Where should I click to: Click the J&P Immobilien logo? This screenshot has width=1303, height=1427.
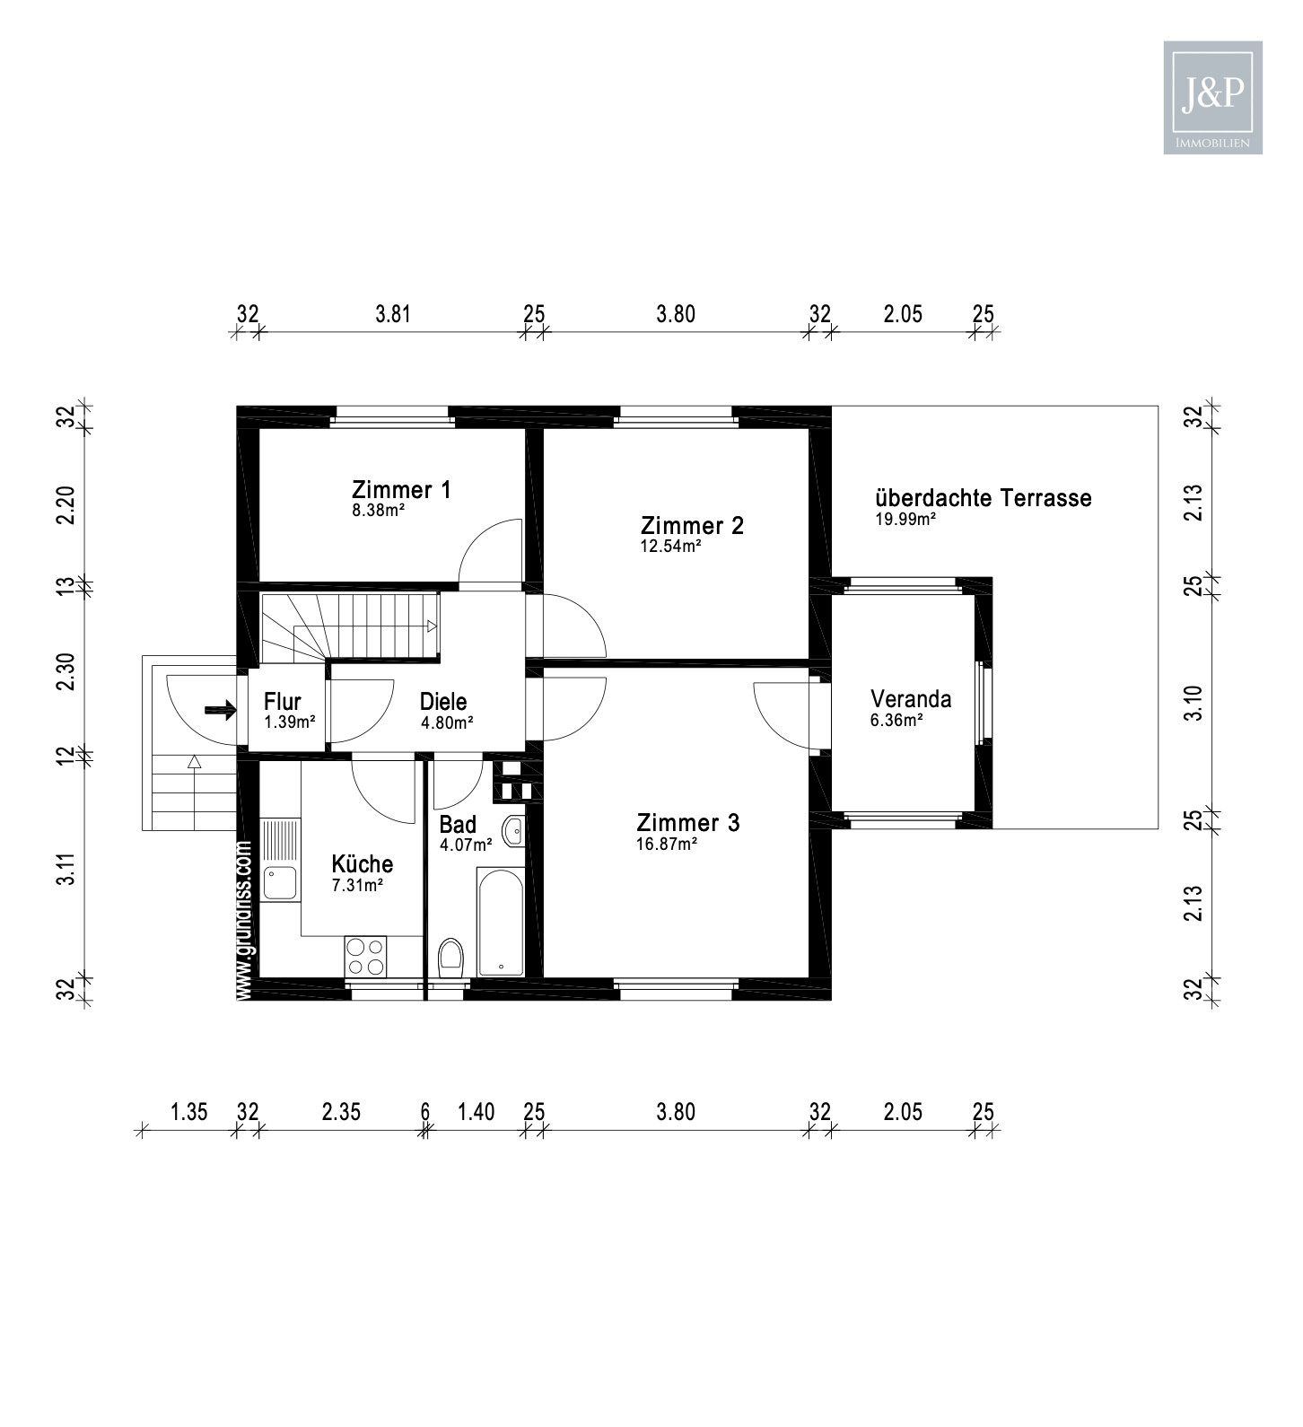tap(1212, 97)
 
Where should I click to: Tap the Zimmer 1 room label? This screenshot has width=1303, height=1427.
tap(401, 490)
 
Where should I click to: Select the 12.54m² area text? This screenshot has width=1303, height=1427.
tap(670, 546)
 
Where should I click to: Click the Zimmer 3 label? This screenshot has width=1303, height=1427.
tap(688, 823)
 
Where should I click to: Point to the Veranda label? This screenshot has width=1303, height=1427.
tap(911, 699)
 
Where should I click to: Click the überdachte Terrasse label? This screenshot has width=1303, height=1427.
tap(983, 498)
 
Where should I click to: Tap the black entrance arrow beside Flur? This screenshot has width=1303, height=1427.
tap(220, 711)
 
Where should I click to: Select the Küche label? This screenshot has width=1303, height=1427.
tap(362, 864)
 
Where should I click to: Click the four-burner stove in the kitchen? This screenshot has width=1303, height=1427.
tap(365, 956)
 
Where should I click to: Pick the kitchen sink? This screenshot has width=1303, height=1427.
tap(280, 884)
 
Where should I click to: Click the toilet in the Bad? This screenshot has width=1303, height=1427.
tap(450, 958)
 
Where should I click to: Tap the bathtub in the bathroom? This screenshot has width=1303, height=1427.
tap(500, 922)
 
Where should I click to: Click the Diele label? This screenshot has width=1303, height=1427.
tap(443, 702)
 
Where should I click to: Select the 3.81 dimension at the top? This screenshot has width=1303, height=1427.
tap(393, 314)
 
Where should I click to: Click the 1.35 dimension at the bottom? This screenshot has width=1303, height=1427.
tap(188, 1113)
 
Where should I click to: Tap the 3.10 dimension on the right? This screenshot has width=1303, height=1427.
tap(1193, 702)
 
